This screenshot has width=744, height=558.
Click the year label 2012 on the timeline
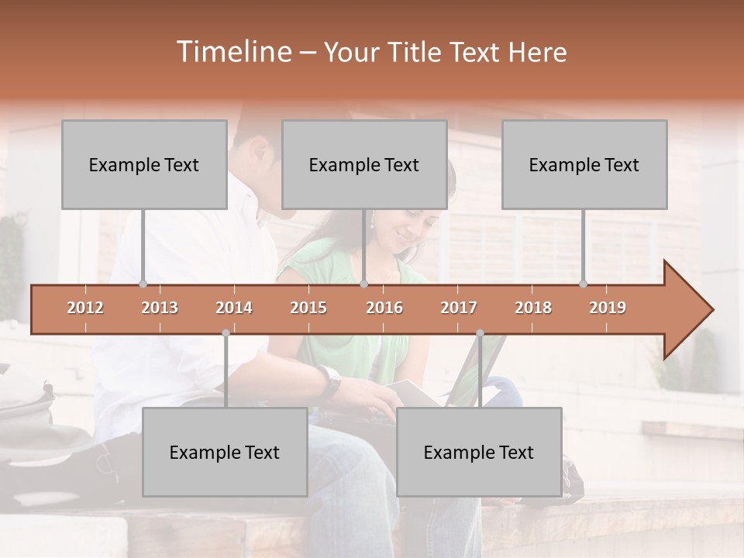85,308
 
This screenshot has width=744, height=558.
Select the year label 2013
160,308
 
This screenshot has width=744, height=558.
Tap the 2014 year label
234,308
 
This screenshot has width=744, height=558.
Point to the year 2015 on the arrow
308,308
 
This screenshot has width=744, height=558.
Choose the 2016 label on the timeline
384,308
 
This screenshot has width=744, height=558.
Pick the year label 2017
459,308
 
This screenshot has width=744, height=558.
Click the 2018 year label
533,308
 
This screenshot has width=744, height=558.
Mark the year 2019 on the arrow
608,308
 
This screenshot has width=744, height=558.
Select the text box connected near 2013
144,164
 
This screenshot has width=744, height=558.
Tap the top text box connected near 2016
364,164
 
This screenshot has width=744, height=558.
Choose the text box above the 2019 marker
584,164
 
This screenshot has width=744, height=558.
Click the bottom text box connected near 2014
225,452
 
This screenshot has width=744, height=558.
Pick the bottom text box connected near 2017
479,452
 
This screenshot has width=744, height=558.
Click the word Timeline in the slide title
232,52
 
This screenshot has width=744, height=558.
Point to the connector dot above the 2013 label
143,284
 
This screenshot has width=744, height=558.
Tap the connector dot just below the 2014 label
226,333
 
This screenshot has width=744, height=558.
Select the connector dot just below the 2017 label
480,333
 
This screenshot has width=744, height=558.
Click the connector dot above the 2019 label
583,284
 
